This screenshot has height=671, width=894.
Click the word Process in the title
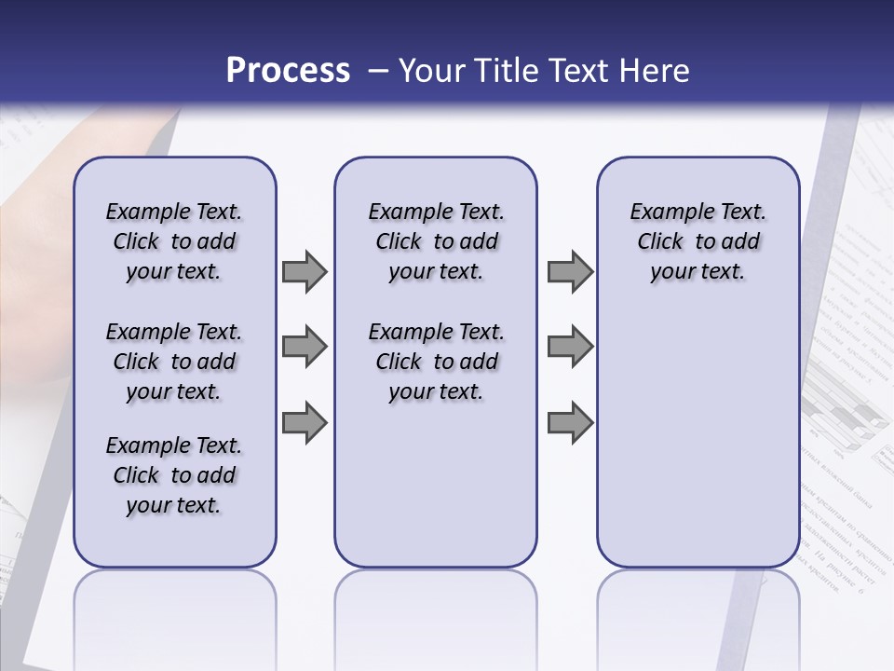tap(288, 70)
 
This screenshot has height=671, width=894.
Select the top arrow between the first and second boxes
tap(305, 272)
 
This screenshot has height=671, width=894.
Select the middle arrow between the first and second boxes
tap(305, 348)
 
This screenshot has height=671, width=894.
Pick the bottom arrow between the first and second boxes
tap(305, 422)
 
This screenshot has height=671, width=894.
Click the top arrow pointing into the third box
tap(570, 272)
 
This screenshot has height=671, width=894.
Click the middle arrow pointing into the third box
tap(570, 348)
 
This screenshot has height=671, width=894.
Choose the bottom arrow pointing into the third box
tap(570, 422)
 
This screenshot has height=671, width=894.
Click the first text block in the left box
tap(174, 241)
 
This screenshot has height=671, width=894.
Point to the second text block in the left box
tap(174, 362)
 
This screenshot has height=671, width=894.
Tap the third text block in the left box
tap(174, 475)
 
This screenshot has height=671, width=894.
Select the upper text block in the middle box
tap(436, 241)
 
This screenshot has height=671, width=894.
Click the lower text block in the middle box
tap(436, 362)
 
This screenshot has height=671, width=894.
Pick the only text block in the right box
tap(698, 241)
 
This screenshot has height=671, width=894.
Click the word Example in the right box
tap(662, 212)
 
